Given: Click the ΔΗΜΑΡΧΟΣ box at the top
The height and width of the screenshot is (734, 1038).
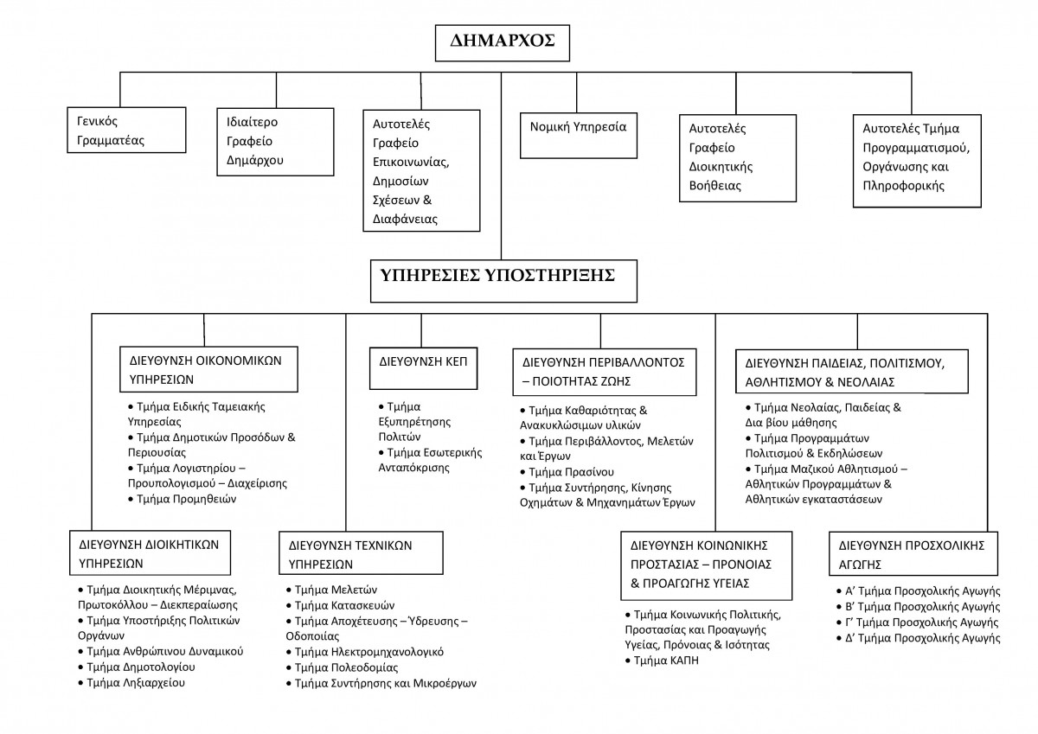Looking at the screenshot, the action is [x=503, y=43].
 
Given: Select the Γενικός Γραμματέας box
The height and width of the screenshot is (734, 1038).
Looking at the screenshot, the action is [x=126, y=131].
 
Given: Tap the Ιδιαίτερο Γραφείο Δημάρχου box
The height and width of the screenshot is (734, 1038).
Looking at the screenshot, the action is [x=275, y=142].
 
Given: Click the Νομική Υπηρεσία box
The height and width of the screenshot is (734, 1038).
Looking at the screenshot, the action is [x=579, y=136].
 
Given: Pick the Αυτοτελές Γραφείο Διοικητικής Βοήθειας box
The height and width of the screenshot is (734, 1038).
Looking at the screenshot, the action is [x=738, y=158].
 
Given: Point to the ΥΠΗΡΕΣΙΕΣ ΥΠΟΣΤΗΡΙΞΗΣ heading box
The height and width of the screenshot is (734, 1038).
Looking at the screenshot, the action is [x=503, y=281].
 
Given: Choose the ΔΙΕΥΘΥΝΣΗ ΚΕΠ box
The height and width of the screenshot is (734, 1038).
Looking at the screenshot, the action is [x=423, y=368].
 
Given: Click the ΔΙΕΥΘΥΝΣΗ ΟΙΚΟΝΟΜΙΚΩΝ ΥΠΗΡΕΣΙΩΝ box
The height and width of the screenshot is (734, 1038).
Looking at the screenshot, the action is [x=208, y=369].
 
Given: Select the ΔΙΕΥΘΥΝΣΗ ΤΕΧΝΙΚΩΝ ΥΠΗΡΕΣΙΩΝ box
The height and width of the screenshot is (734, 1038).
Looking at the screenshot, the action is [x=361, y=553].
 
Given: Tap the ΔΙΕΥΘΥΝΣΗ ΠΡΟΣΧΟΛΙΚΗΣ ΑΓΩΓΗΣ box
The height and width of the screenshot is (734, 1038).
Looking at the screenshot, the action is [x=913, y=553].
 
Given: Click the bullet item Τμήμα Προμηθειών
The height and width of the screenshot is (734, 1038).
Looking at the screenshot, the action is [x=183, y=499].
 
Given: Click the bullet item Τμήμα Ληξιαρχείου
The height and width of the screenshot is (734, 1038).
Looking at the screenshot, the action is [x=131, y=683].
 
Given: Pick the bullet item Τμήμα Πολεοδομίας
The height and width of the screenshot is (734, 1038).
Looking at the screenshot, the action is [x=342, y=667].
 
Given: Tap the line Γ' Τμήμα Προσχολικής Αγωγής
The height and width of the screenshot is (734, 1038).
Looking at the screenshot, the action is [x=918, y=622].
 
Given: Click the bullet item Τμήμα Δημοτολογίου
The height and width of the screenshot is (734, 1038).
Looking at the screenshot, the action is [x=137, y=667].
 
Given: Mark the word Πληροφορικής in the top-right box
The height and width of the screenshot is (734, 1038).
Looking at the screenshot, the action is [x=903, y=186].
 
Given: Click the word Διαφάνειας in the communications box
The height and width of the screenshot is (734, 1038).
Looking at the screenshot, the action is [x=405, y=219].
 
